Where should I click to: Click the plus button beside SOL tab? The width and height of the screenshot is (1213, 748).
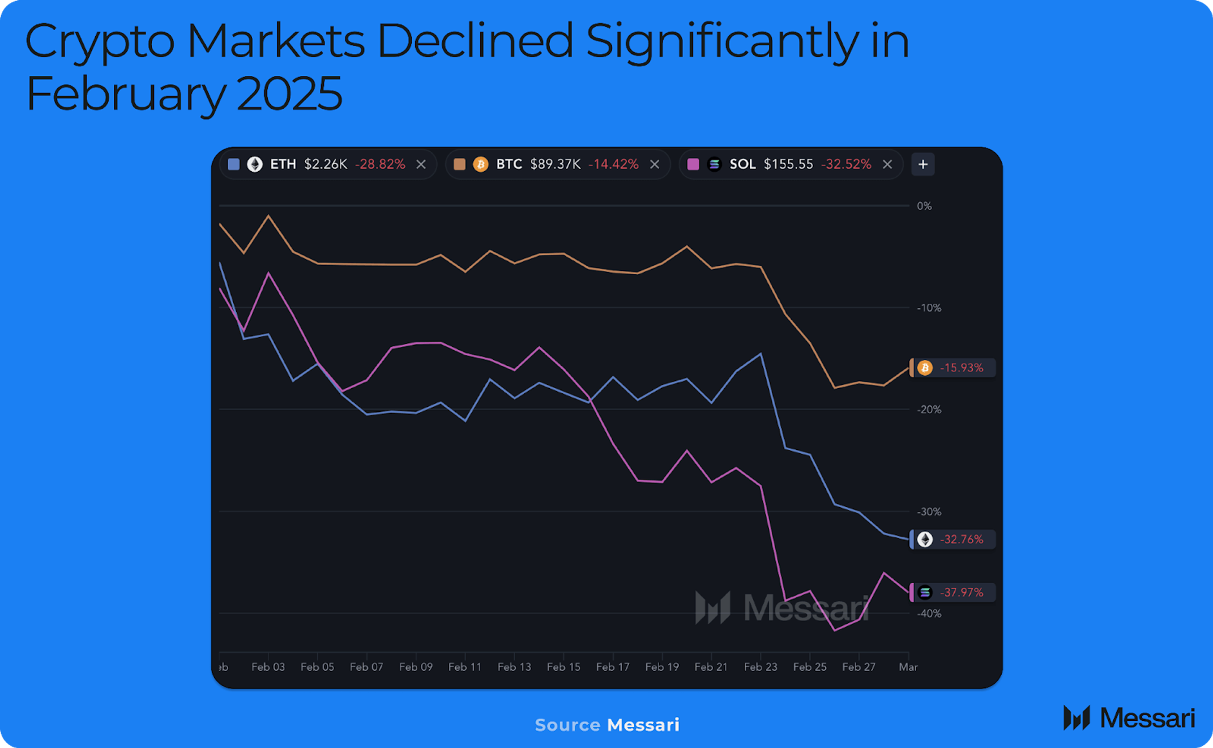pos(922,164)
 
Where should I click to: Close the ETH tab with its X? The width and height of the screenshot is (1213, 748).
pos(421,164)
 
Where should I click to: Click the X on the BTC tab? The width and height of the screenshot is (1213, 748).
pos(654,164)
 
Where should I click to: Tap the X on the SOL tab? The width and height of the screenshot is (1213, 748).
pos(887,164)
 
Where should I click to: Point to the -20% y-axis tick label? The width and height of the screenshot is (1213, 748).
pos(929,410)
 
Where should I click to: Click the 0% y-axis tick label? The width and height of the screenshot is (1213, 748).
pos(924,206)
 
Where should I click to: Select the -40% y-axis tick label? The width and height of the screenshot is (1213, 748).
pos(929,614)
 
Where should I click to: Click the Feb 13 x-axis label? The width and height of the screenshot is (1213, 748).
pos(514,667)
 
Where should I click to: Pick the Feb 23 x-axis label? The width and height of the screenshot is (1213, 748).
pos(760,667)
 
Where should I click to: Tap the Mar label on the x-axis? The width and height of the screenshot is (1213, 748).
pos(908,667)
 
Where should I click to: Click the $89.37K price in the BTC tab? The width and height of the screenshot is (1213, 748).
pos(555,164)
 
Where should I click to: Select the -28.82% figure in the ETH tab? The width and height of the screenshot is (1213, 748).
pos(380,164)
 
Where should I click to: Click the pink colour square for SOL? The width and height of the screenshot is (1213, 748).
pos(693,164)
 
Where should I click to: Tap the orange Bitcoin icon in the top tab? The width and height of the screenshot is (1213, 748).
pos(480,164)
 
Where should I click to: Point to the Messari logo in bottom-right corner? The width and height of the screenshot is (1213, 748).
pos(1129,718)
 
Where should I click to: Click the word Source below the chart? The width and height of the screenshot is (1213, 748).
pos(567,725)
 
